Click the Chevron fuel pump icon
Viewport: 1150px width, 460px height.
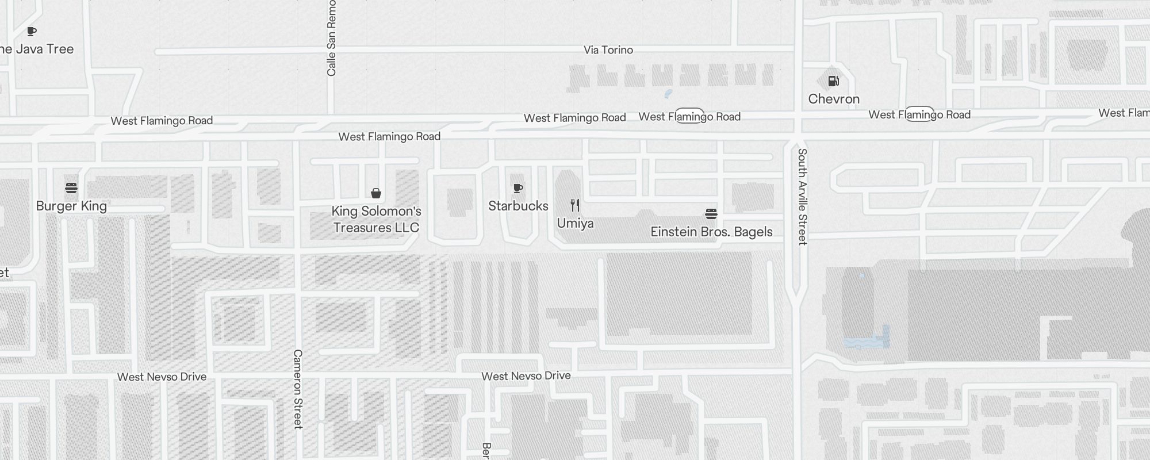pos(834,81)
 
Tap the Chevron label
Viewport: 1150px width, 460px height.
pos(834,99)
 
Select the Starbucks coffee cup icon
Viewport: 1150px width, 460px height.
pos(518,188)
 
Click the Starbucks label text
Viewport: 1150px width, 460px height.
pos(518,206)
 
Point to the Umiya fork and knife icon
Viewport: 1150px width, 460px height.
pos(575,205)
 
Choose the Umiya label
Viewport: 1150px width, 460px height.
pos(575,223)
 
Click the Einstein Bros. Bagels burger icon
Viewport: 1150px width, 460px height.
pos(711,214)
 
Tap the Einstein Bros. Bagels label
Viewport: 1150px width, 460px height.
pos(711,232)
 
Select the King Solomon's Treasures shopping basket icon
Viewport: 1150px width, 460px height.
pos(376,193)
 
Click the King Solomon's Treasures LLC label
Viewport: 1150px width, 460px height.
pos(376,219)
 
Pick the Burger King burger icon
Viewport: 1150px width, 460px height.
pos(71,188)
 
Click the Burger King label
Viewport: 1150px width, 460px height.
pos(71,206)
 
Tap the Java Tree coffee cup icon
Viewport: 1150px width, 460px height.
pos(32,31)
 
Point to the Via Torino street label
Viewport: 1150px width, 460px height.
pos(608,50)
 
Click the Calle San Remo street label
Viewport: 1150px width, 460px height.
pos(331,38)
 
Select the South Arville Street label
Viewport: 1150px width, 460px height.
pos(803,197)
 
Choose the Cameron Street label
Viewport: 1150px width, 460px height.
pos(298,389)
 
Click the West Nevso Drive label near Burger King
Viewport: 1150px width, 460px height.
pos(162,377)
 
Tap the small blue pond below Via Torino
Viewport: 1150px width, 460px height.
pos(668,93)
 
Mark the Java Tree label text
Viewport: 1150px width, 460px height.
pos(37,49)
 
